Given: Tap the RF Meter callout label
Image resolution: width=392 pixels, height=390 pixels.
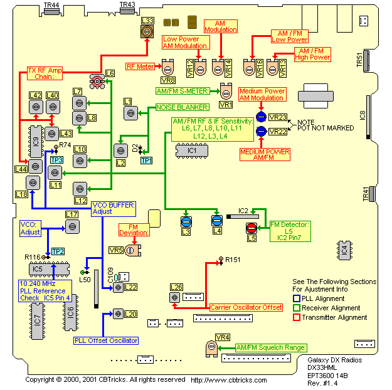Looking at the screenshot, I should (140, 65).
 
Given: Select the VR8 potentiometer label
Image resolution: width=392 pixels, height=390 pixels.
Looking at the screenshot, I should (168, 80).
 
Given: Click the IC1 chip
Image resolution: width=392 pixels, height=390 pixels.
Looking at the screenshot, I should (191, 150).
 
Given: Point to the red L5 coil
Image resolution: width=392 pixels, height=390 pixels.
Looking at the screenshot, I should (252, 228).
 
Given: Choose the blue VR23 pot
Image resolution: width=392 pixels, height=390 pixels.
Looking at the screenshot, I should (260, 117).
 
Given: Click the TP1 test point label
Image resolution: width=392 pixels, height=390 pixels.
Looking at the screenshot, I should (146, 161).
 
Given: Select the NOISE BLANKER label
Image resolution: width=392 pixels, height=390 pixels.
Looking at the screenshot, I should (174, 108).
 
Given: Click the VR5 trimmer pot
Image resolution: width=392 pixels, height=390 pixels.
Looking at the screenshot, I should (130, 250).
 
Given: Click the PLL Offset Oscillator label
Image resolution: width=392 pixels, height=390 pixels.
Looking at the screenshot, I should (106, 340).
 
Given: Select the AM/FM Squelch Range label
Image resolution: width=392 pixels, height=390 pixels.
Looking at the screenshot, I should (271, 347).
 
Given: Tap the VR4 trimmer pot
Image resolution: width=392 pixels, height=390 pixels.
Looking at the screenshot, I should (209, 347).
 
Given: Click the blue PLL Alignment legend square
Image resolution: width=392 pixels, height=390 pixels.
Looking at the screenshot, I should (297, 298).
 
